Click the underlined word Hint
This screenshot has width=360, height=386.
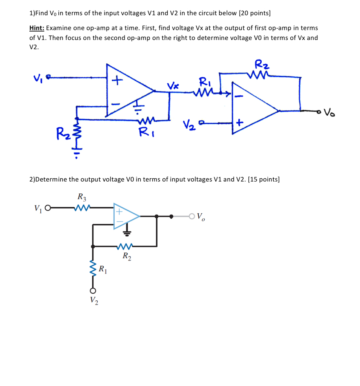[37, 28]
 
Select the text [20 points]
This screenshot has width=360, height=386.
[255, 13]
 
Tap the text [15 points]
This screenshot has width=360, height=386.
[264, 179]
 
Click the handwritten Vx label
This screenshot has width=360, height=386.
[173, 86]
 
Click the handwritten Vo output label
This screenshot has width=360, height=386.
[329, 112]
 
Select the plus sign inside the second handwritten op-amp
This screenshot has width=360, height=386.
[239, 122]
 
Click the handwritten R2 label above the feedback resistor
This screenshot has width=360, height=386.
[262, 64]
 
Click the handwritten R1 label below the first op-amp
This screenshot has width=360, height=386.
[147, 132]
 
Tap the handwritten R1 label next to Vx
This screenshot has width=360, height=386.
[205, 82]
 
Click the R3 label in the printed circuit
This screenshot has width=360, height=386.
[82, 197]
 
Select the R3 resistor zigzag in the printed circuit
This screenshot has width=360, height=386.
[82, 208]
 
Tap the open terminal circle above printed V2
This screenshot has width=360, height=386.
[93, 291]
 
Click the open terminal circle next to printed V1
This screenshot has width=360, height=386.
[48, 208]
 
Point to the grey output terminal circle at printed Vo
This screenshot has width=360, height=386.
[192, 216]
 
